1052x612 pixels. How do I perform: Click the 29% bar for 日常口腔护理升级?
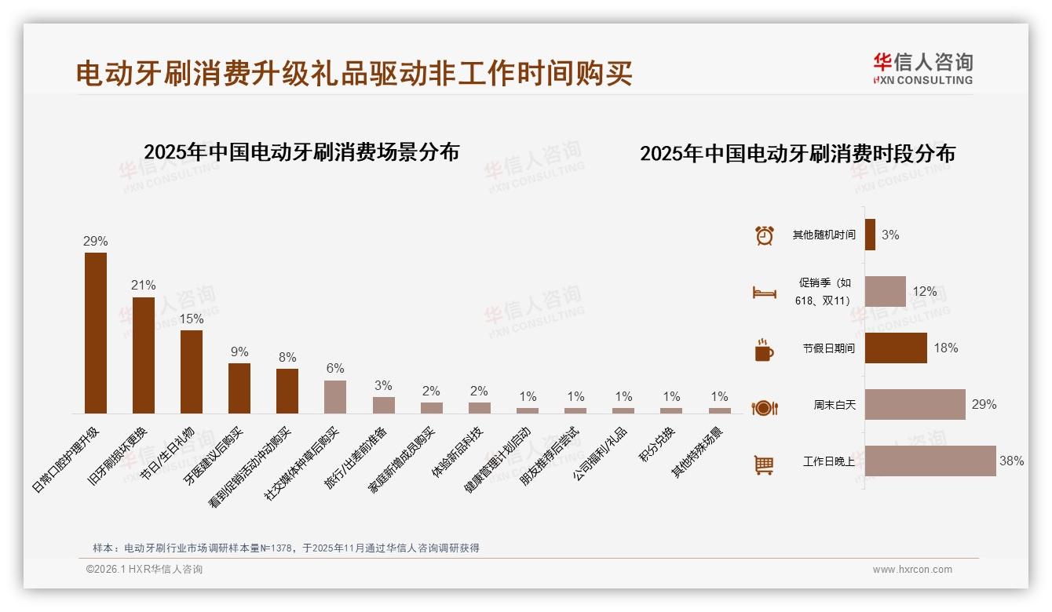pos(96,333)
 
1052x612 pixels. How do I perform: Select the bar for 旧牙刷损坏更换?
pos(144,355)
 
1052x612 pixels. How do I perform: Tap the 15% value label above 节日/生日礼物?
pos(192,319)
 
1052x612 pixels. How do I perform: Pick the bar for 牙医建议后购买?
pos(239,388)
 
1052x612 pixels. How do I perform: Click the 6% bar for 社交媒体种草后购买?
pos(335,396)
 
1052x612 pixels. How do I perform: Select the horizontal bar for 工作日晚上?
pos(930,461)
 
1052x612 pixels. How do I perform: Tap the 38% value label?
pos(1011,461)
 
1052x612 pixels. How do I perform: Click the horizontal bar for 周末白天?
pos(915,404)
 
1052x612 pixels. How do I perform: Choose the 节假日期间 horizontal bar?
pos(896,348)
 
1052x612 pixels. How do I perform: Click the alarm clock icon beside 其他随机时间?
pos(764,235)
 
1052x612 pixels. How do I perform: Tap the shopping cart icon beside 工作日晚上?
pos(764,464)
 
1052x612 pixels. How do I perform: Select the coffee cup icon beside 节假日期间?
pos(764,350)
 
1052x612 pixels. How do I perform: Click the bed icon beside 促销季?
pos(764,293)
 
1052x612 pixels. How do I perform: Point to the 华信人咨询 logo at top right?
pos(922,68)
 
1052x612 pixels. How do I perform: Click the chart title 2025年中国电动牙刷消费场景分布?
pos(301,151)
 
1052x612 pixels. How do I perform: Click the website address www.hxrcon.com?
pos(912,570)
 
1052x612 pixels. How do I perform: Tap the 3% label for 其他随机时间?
pos(889,235)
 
